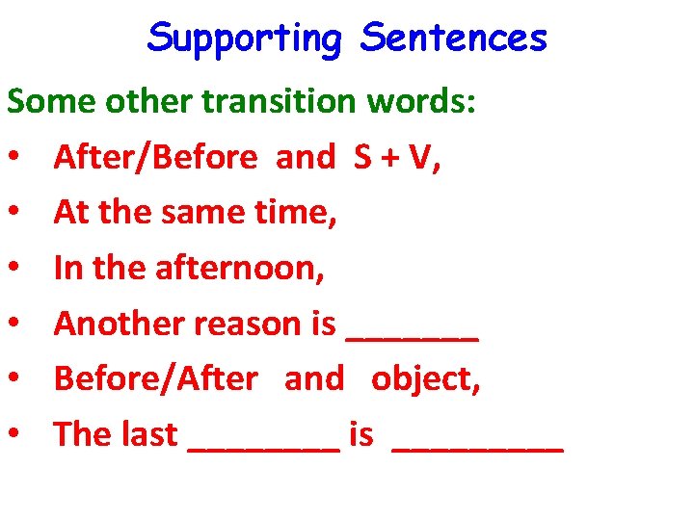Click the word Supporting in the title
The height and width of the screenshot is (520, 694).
coord(245,39)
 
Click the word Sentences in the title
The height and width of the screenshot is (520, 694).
coord(453,39)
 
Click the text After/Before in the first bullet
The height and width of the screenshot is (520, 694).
coord(155,157)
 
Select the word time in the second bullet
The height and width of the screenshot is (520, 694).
coord(295,213)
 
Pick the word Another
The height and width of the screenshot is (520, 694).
coord(119,324)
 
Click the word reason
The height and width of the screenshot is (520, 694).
coord(250,325)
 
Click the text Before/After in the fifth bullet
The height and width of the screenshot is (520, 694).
coord(155,379)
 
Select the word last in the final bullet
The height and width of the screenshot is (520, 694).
coord(149,434)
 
